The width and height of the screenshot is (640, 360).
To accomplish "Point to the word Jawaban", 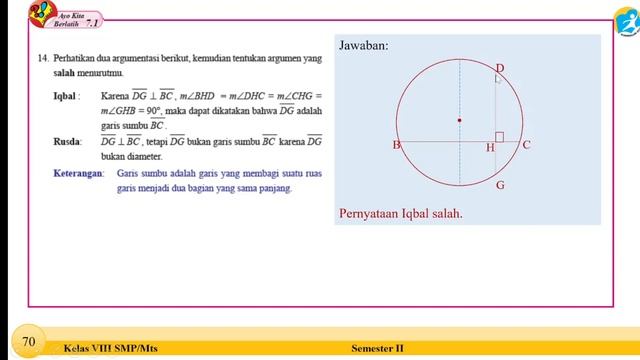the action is pyautogui.click(x=364, y=46).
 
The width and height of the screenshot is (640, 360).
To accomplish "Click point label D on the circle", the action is pyautogui.click(x=500, y=68).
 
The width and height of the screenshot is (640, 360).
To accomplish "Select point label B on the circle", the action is pyautogui.click(x=396, y=146).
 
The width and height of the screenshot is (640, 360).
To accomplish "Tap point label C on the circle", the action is pyautogui.click(x=527, y=145).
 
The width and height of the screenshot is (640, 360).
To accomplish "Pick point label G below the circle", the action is pyautogui.click(x=500, y=186).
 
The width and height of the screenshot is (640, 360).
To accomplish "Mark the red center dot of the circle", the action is pyautogui.click(x=459, y=120).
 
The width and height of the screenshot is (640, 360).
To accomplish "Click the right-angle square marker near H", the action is pyautogui.click(x=499, y=136).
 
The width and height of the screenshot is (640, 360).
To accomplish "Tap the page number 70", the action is pyautogui.click(x=29, y=342).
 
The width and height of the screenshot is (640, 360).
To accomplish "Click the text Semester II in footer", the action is pyautogui.click(x=378, y=348).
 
